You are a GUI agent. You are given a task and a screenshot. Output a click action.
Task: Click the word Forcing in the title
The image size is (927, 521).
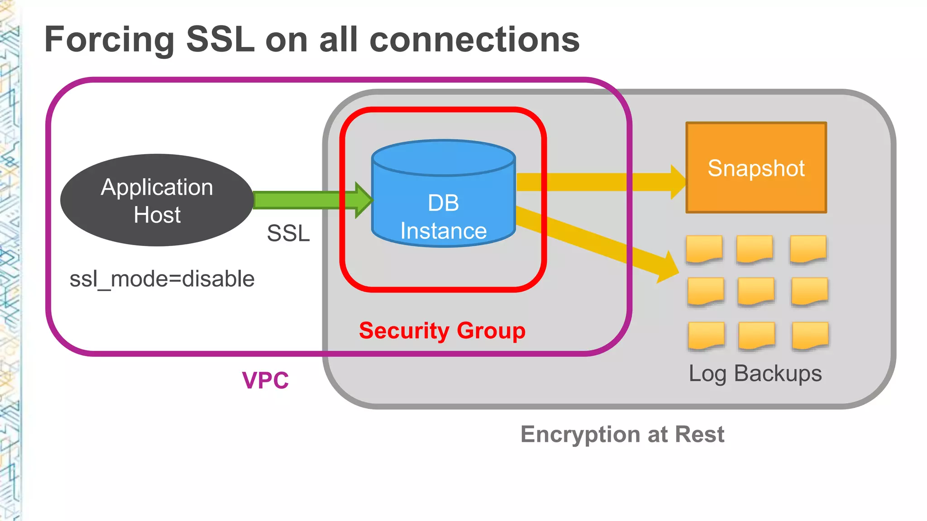[109, 40]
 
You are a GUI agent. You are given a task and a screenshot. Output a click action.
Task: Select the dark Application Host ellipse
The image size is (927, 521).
[157, 200]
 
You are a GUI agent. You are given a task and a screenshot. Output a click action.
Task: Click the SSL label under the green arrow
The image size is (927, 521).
[288, 233]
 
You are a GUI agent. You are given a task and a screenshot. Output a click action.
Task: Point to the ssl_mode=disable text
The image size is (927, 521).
[162, 279]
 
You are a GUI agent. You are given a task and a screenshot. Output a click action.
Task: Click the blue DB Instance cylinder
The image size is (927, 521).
[443, 204]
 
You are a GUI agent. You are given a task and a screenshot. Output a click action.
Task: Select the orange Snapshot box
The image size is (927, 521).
[756, 168]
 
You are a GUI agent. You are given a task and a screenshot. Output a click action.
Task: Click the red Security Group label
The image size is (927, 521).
[442, 331]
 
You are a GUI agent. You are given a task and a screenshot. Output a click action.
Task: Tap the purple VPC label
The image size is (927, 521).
[265, 380]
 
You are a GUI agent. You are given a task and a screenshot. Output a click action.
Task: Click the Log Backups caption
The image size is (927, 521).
[755, 374]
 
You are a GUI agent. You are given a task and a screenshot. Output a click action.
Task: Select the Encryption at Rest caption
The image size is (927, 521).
[622, 434]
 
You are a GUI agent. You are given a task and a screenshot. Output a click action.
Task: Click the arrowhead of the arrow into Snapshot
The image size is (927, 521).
[678, 182]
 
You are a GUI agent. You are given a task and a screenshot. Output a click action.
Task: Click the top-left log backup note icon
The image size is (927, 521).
[704, 249]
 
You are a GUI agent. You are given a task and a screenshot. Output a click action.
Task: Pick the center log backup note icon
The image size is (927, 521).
[755, 291]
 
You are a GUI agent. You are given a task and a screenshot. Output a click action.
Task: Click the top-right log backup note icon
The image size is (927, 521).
[808, 249]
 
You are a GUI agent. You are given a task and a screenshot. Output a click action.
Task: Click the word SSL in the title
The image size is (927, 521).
[220, 40]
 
